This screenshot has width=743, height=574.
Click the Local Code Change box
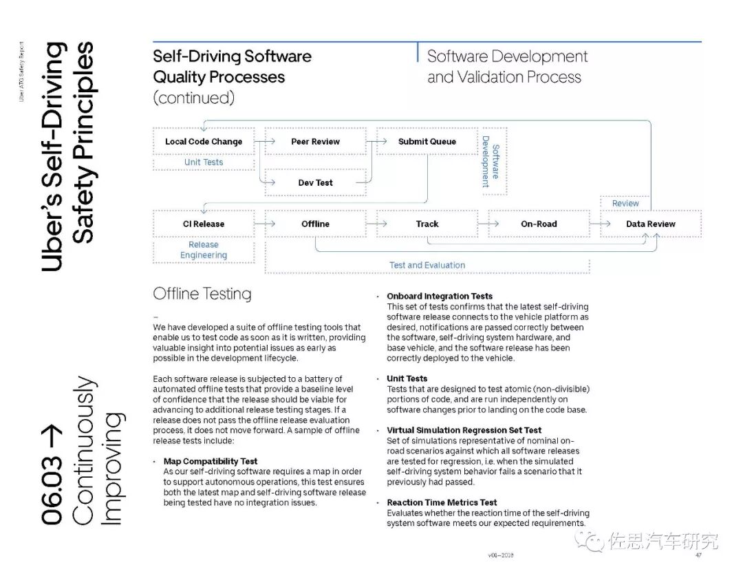click(x=204, y=142)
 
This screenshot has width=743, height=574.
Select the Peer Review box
click(x=315, y=142)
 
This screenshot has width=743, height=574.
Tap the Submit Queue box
click(x=427, y=142)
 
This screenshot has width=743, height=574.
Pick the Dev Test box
click(x=315, y=183)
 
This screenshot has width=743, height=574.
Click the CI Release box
click(x=204, y=224)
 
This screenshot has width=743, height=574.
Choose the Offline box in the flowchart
click(x=315, y=224)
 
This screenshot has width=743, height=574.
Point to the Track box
click(x=427, y=224)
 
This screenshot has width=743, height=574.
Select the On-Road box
click(x=539, y=224)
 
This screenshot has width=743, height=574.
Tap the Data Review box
click(x=650, y=224)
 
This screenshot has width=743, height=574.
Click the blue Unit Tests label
click(x=204, y=162)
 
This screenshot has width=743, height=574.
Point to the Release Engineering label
click(x=204, y=250)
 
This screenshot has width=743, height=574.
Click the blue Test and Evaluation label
click(x=427, y=265)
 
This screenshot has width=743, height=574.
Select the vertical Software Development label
click(x=490, y=161)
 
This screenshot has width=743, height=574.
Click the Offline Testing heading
click(x=202, y=294)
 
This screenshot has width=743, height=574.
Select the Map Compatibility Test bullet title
click(x=211, y=461)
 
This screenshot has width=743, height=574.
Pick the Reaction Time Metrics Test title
click(x=442, y=502)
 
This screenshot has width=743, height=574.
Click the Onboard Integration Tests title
click(x=440, y=297)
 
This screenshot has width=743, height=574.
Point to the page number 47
click(x=698, y=555)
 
